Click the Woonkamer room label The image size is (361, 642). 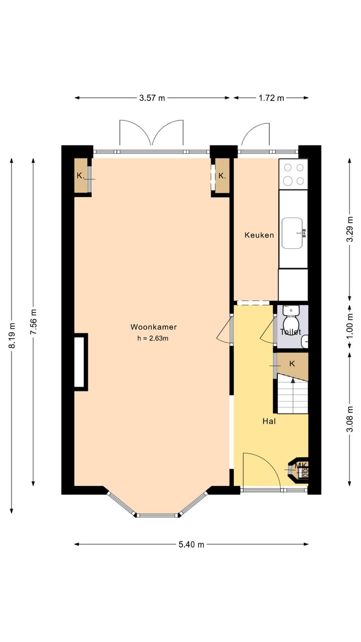click(153, 327)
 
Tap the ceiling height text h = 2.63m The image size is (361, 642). click(152, 338)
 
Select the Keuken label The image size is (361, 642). click(259, 235)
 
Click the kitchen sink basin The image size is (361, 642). click(293, 233)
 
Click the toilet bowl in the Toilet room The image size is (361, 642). click(290, 320)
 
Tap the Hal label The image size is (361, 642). click(269, 421)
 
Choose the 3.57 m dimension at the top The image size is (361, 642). click(152, 98)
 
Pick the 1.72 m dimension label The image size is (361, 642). click(271, 98)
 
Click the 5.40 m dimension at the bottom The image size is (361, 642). click(191, 544)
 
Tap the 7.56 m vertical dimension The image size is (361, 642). click(33, 322)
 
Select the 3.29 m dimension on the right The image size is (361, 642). click(350, 229)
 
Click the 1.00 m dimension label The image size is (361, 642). click(350, 326)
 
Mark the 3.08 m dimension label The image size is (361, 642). click(350, 419)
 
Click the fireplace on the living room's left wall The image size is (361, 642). click(80, 362)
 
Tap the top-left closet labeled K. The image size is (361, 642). click(80, 176)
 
